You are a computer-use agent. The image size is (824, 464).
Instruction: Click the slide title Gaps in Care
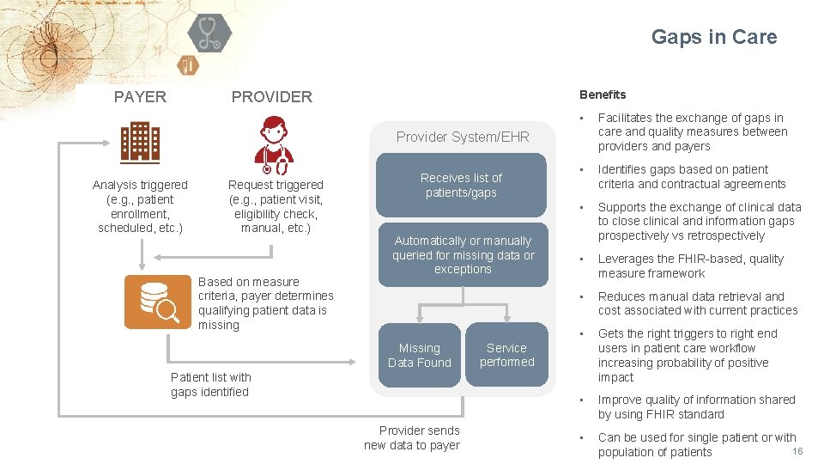713,37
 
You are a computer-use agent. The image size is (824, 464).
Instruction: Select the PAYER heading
140,96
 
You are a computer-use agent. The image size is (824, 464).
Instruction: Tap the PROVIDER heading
272,97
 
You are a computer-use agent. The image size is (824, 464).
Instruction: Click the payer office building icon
140,142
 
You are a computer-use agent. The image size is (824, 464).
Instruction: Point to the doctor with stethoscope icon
274,143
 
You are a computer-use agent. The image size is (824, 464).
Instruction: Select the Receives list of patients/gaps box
461,185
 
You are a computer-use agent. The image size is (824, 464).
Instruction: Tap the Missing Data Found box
419,355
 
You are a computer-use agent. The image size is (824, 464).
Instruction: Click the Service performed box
506,355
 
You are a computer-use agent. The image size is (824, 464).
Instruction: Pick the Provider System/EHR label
463,137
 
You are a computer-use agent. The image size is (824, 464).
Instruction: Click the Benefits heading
603,95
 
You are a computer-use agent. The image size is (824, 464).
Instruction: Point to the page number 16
797,452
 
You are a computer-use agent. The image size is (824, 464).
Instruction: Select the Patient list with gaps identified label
211,384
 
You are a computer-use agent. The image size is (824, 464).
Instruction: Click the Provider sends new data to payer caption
412,437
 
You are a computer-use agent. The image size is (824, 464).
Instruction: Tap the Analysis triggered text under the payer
140,206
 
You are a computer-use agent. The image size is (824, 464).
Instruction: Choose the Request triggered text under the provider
276,206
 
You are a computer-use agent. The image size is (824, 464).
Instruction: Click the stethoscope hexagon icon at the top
209,34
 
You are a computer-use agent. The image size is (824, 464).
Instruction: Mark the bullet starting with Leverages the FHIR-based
690,266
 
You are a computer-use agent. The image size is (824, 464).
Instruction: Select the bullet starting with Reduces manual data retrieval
697,303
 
